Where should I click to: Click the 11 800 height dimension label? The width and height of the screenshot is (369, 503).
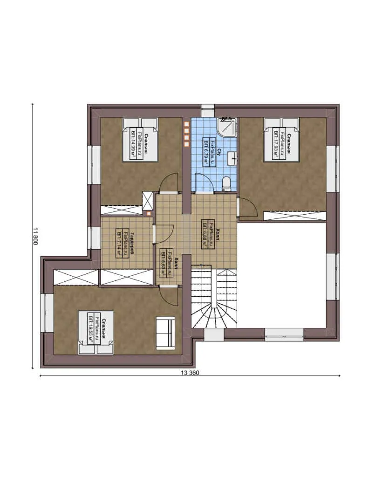tap(35, 236)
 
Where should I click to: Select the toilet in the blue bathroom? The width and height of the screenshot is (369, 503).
tap(227, 184)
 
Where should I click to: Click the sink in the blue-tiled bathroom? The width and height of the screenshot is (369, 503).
tap(231, 159)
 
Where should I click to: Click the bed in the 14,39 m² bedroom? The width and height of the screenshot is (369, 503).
tap(140, 139)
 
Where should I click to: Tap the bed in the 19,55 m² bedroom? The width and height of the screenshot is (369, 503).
tap(96, 332)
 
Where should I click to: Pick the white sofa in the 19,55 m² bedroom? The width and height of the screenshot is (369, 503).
tap(165, 332)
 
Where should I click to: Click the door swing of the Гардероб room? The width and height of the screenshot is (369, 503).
tap(164, 233)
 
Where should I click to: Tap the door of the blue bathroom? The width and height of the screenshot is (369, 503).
tap(204, 182)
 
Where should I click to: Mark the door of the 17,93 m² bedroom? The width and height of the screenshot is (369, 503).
tap(247, 207)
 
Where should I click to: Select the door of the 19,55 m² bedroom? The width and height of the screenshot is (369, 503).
tap(168, 295)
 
